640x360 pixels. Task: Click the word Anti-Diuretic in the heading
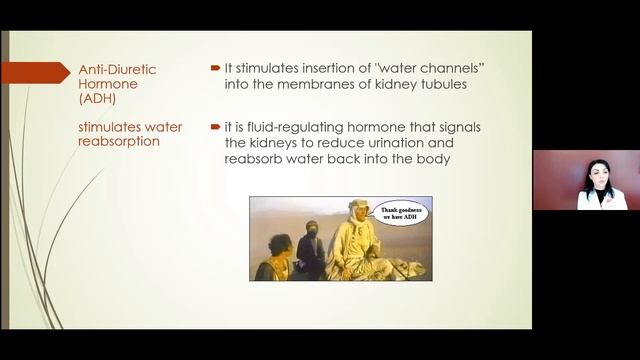click(x=117, y=69)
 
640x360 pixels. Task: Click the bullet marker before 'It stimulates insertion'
click(x=215, y=68)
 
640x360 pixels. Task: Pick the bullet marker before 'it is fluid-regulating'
click(x=215, y=127)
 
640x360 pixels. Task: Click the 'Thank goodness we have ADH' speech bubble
click(x=401, y=213)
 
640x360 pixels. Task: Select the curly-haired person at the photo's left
click(x=275, y=255)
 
